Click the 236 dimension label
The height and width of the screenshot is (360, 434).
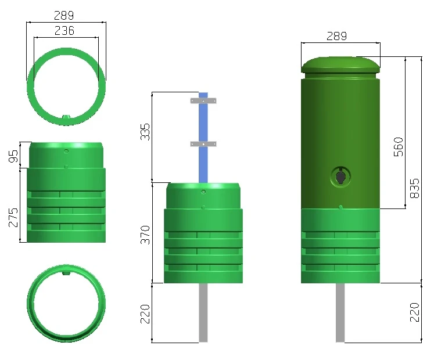coord(64,31)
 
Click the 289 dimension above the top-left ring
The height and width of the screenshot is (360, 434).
coord(64,16)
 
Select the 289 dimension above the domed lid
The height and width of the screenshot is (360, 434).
coord(336,36)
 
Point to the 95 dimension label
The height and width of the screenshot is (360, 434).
coord(13,156)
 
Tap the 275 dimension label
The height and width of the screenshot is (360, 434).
coord(13,218)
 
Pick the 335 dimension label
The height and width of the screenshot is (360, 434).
coord(145,132)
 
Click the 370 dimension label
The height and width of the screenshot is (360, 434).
coord(145,235)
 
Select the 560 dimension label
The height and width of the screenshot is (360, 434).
coord(399,147)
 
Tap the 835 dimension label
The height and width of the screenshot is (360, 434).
coord(414,189)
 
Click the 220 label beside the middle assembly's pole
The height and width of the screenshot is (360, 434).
coord(145,314)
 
